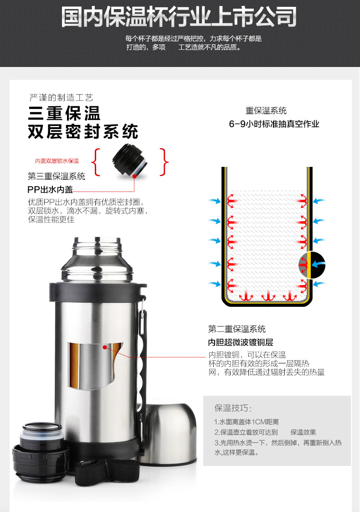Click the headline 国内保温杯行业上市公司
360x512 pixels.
tap(179, 16)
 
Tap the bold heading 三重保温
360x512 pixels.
tap(64, 114)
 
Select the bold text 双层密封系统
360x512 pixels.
tap(83, 132)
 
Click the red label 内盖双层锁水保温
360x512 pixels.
tap(57, 161)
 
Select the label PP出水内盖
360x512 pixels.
tap(50, 189)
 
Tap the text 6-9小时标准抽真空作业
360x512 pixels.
tap(274, 124)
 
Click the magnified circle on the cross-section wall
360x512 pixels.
tap(312, 265)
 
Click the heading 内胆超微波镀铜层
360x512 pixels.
tap(241, 342)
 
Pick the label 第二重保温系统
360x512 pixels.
tap(237, 329)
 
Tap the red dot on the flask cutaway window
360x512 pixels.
tap(105, 347)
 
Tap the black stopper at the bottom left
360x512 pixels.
tap(41, 452)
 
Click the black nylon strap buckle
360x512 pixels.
tap(107, 471)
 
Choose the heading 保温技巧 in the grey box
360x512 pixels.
tap(233, 408)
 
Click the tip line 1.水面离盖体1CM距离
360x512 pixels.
tap(247, 422)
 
